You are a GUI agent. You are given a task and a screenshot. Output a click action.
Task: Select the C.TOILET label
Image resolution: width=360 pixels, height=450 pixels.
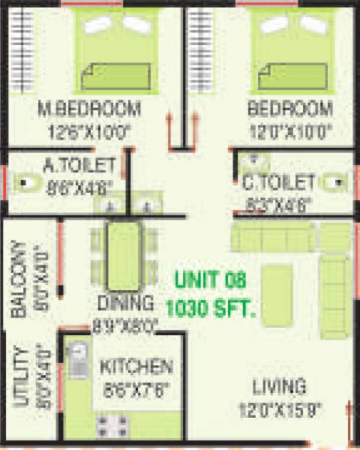pyautogui.click(x=278, y=181)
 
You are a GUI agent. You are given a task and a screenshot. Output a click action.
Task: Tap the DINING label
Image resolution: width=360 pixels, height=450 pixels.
pyautogui.click(x=125, y=304)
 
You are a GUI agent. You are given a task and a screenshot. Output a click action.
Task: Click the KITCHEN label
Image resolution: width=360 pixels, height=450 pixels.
pyautogui.click(x=137, y=367)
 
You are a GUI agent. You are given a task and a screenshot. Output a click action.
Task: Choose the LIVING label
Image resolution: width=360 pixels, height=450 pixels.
pyautogui.click(x=279, y=387)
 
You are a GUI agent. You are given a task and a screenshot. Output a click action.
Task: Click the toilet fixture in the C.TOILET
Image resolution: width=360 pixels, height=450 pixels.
pyautogui.click(x=337, y=181)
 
